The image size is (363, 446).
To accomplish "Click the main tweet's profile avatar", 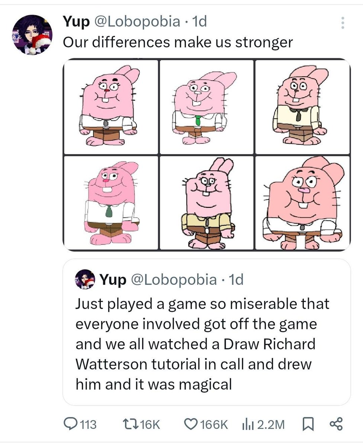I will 32,35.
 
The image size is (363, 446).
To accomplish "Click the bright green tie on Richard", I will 198,120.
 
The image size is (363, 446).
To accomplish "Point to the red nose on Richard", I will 107,90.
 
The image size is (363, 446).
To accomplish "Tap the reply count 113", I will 88,424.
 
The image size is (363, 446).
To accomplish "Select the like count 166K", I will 214,424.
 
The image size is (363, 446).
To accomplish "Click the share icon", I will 336,424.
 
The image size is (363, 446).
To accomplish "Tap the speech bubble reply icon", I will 70,424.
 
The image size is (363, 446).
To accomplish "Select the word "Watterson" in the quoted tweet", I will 111,364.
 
